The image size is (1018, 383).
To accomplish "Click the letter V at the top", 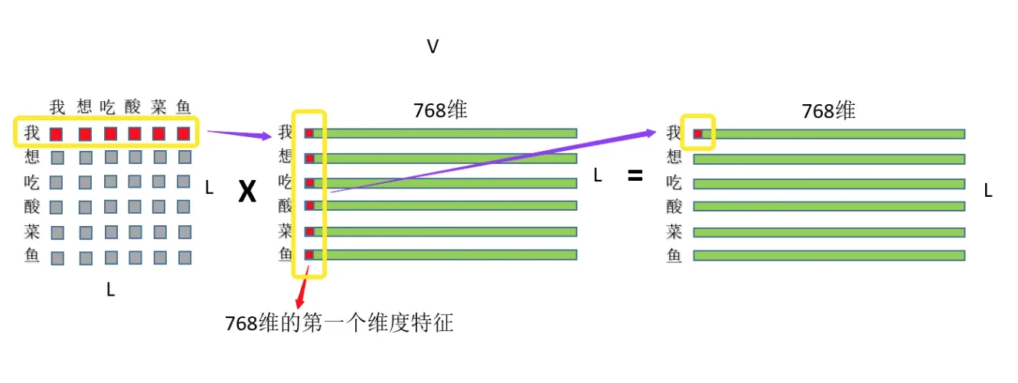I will pos(432,47).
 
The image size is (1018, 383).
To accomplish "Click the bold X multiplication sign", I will pos(246,192).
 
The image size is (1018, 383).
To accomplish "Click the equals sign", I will pos(635,175).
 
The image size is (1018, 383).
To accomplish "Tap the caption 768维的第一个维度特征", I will pos(339,323).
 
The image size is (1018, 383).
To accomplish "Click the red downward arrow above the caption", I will pos(302,293).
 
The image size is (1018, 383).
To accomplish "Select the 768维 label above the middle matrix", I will pos(440,110).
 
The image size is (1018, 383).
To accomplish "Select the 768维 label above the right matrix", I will pos(828,110).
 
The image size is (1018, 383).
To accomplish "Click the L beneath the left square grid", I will pos(111,290).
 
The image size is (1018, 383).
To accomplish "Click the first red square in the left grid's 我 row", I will pos(56,134).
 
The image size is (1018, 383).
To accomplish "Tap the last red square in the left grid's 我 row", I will pos(184,134).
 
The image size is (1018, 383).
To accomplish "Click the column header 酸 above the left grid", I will pos(133,106).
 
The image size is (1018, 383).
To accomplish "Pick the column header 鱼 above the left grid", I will pos(184,106).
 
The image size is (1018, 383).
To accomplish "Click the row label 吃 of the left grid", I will pos(32,182).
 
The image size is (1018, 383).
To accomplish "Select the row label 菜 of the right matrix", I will pos(674,231).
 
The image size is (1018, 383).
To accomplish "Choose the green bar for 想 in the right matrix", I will pos(830,159).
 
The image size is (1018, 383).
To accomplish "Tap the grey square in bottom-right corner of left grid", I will pos(184,257).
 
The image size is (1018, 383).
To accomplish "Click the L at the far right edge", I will pos(988,191).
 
